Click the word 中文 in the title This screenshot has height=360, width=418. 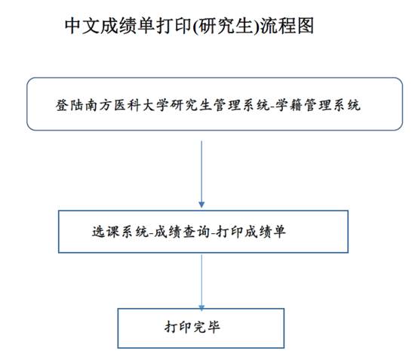tap(82, 26)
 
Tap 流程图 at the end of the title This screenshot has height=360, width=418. tap(287, 26)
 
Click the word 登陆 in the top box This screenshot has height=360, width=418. tap(70, 105)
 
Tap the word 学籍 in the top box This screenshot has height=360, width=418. tap(289, 105)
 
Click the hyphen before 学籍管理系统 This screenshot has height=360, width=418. tap(272, 107)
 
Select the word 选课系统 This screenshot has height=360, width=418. tap(120, 232)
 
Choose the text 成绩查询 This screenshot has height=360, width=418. tap(182, 232)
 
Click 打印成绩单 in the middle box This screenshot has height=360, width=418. tap(250, 232)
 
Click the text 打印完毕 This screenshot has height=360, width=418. tap(192, 327)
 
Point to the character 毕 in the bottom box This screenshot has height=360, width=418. tap(214, 327)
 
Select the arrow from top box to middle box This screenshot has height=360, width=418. tap(201, 174)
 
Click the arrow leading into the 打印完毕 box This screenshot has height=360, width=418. tap(201, 283)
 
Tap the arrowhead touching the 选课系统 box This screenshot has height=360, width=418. tap(201, 205)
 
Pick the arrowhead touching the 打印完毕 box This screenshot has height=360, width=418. tap(201, 308)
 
